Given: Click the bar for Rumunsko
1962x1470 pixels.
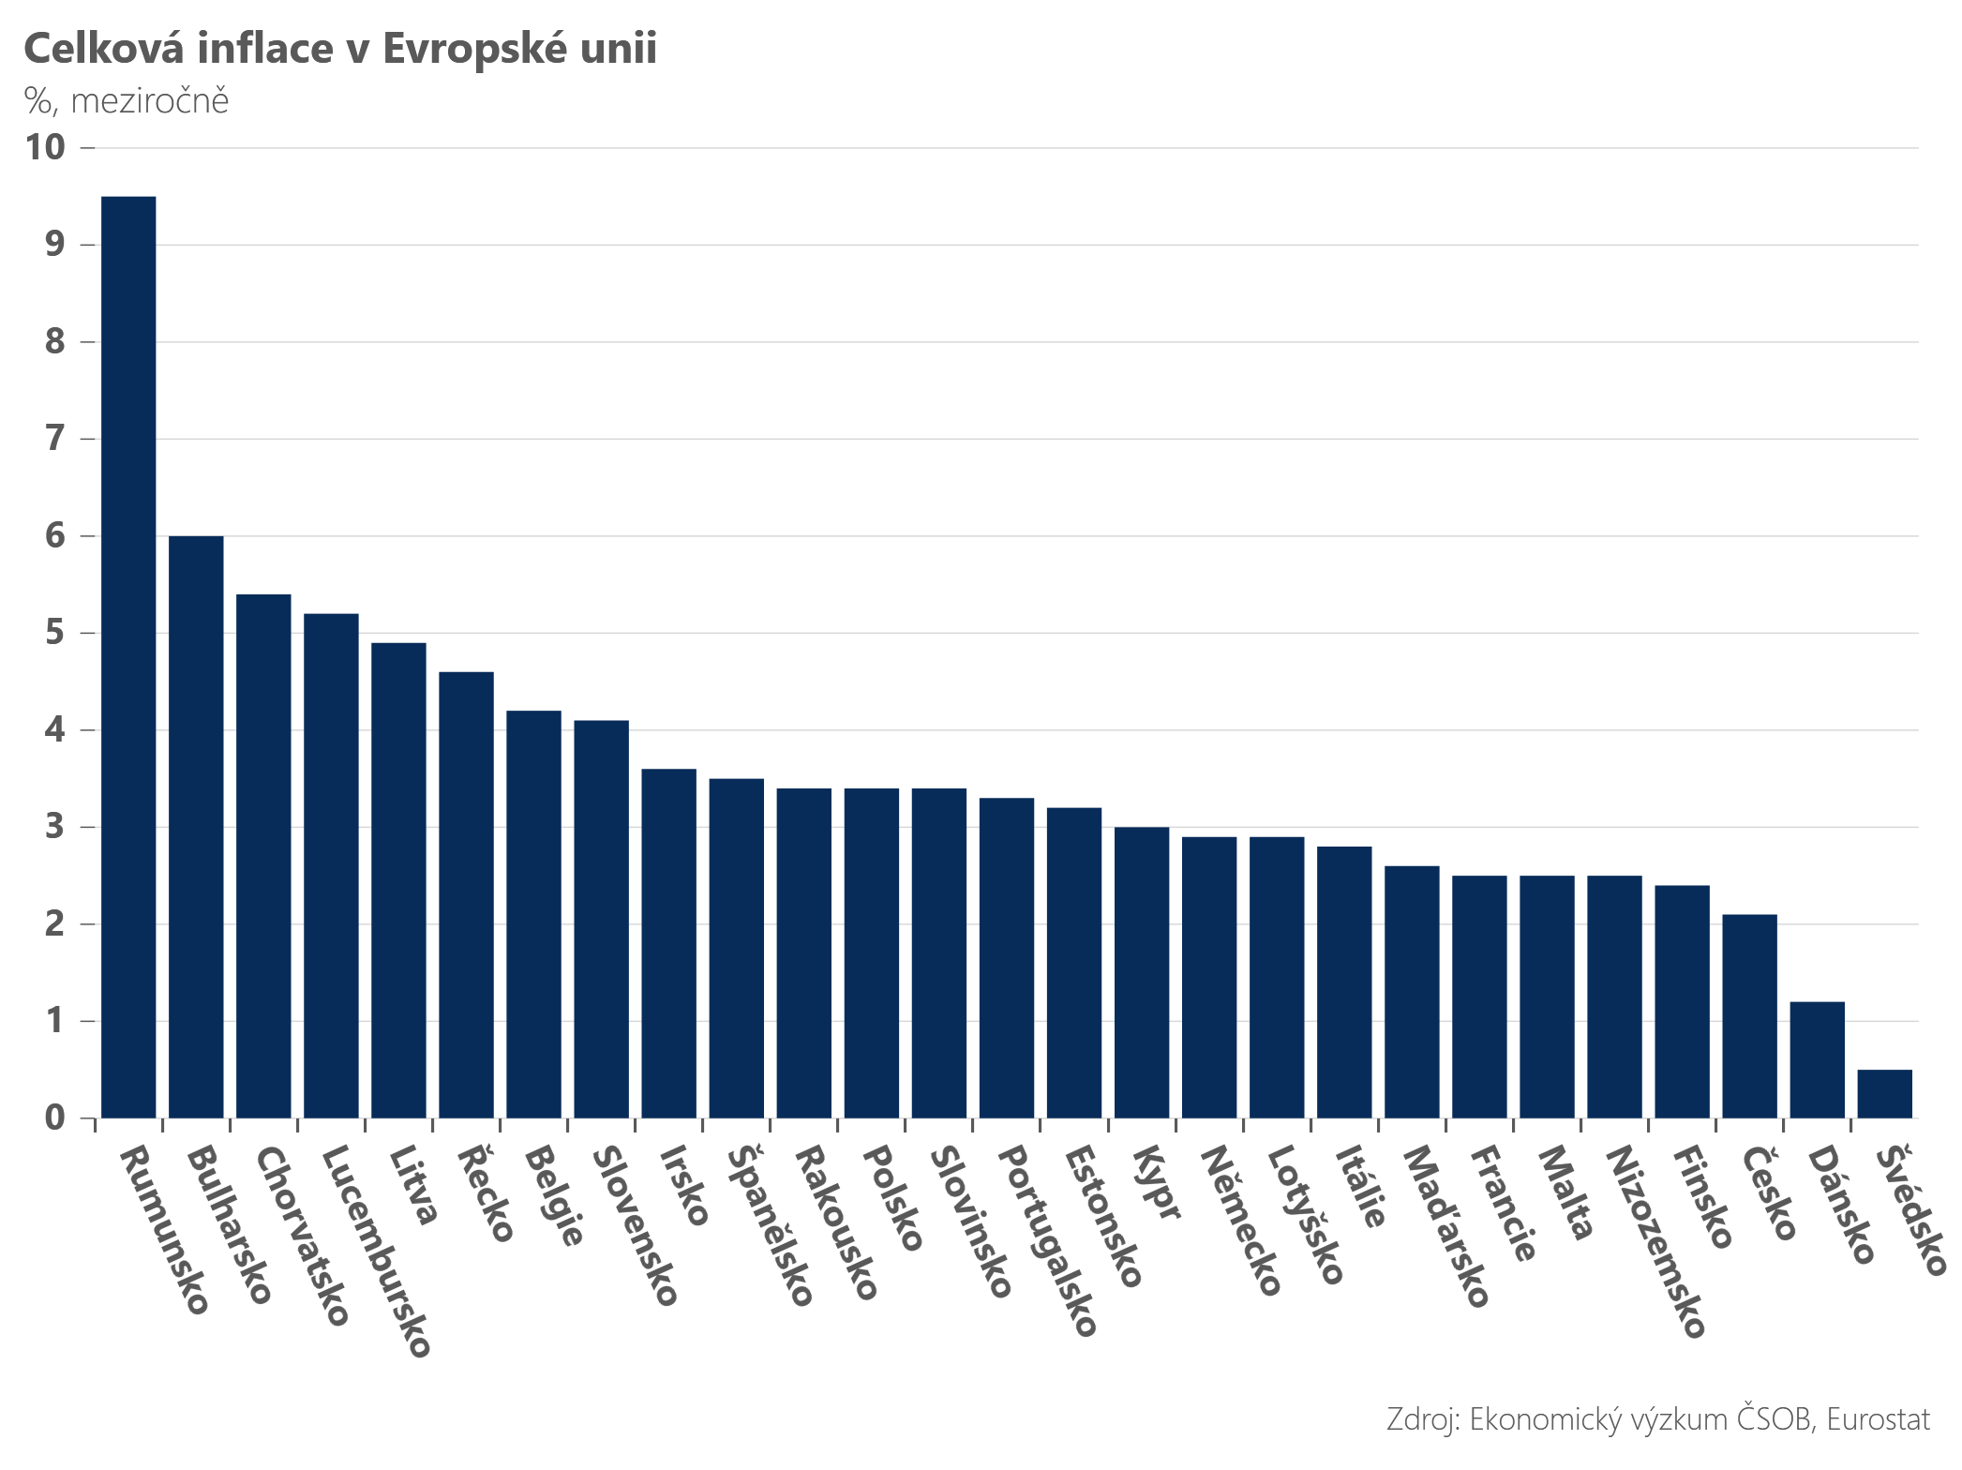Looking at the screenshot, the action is pos(128,657).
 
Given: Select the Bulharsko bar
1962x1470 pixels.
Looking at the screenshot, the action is pos(196,827).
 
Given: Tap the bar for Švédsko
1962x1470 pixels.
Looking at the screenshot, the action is pos(1884,1094).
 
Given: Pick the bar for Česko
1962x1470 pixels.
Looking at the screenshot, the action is pos(1749,1016).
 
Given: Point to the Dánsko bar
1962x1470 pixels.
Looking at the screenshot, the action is pos(1817,1060).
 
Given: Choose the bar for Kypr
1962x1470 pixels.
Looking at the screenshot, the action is pos(1142,973).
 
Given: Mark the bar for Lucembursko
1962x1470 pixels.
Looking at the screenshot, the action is pos(331,866).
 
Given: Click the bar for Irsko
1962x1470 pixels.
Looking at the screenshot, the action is pos(669,944).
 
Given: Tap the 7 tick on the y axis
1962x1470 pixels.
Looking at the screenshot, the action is pos(55,438).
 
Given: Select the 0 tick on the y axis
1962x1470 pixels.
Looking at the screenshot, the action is pos(55,1117).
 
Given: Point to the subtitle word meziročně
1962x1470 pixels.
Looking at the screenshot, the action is pos(150,100).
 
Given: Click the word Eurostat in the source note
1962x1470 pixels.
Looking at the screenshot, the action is pos(1879,1419).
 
